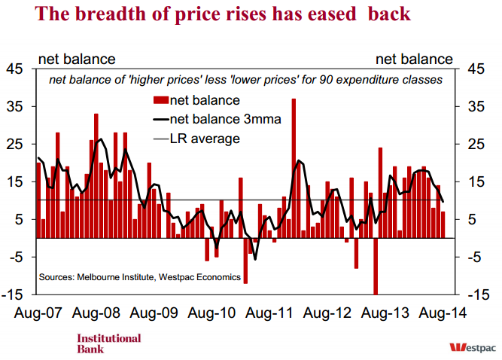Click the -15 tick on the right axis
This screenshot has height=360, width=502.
click(479, 294)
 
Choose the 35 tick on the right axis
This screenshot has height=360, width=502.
click(480, 107)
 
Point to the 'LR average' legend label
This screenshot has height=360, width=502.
click(205, 139)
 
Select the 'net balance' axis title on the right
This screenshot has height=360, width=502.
click(414, 59)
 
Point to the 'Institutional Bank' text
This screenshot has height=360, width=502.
click(108, 343)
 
